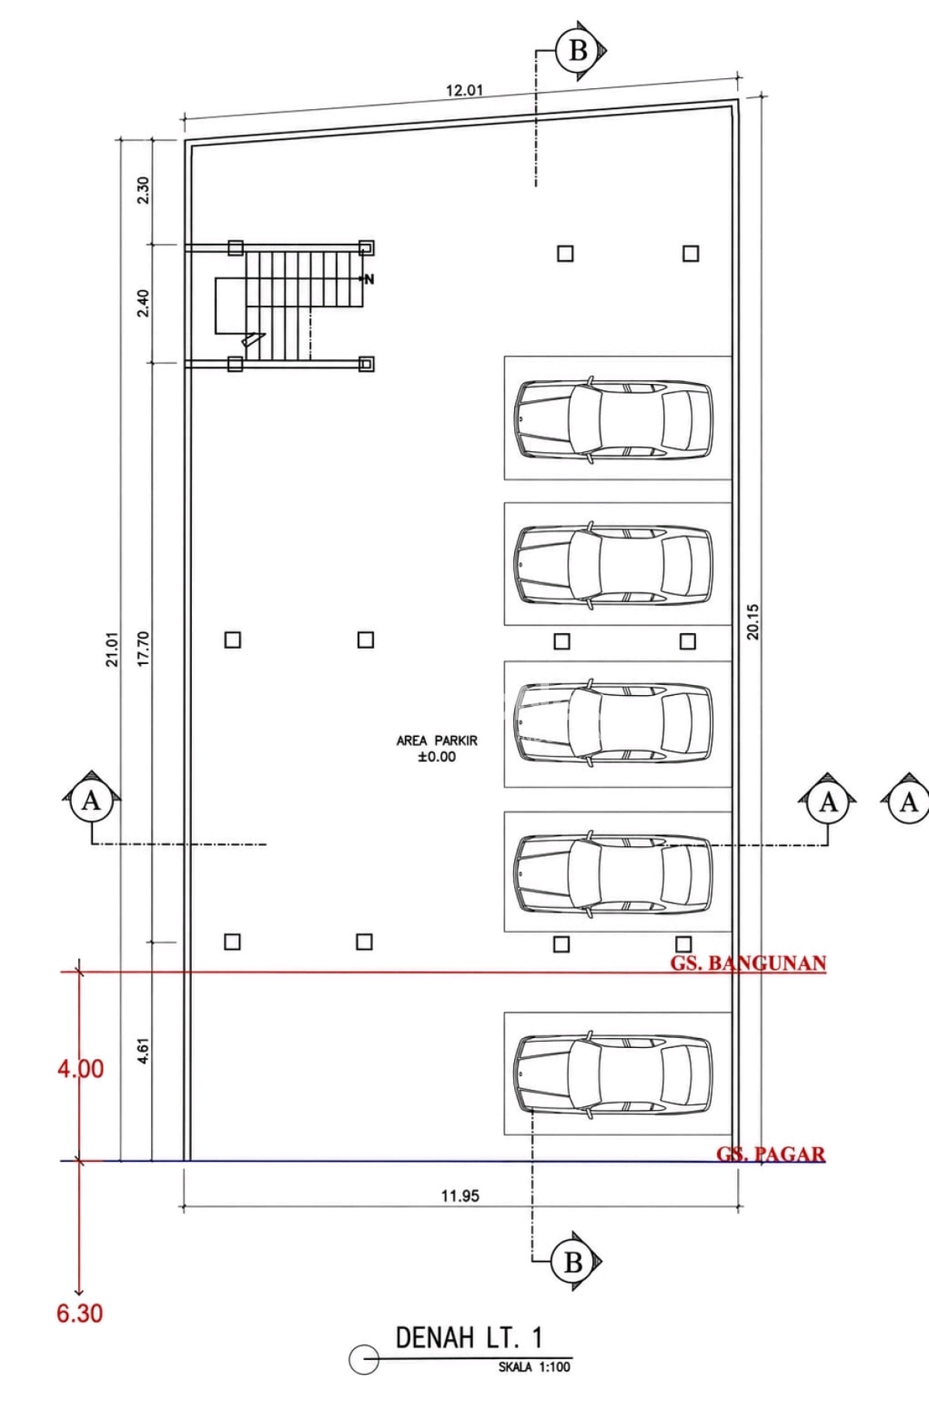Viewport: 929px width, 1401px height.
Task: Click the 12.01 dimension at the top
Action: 464,90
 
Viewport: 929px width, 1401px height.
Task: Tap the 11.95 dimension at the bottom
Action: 460,1196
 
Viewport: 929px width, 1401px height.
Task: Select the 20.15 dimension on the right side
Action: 752,622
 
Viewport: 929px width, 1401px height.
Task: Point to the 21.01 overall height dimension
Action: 113,649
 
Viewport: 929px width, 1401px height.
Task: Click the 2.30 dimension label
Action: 142,190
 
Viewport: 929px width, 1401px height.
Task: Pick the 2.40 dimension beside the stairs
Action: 142,303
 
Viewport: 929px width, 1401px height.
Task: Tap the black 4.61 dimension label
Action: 142,1050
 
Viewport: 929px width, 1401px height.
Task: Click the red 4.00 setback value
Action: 81,1069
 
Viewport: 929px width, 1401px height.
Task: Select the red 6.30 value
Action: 80,1314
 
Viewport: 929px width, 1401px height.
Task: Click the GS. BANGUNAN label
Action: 748,963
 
